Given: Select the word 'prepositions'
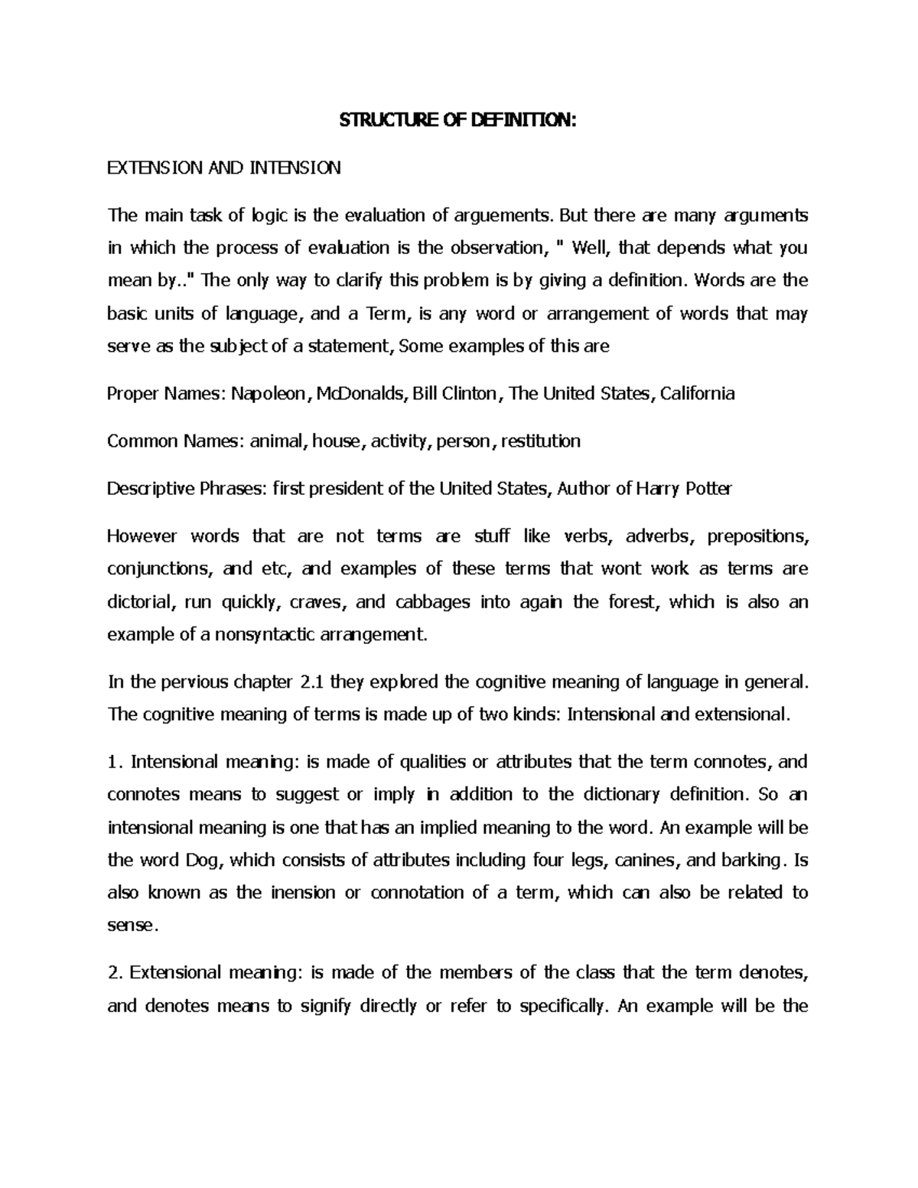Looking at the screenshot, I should (x=757, y=536).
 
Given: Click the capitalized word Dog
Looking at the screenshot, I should (x=203, y=860).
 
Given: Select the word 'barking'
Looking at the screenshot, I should (x=752, y=860).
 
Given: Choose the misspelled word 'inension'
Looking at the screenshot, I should (x=303, y=893).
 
